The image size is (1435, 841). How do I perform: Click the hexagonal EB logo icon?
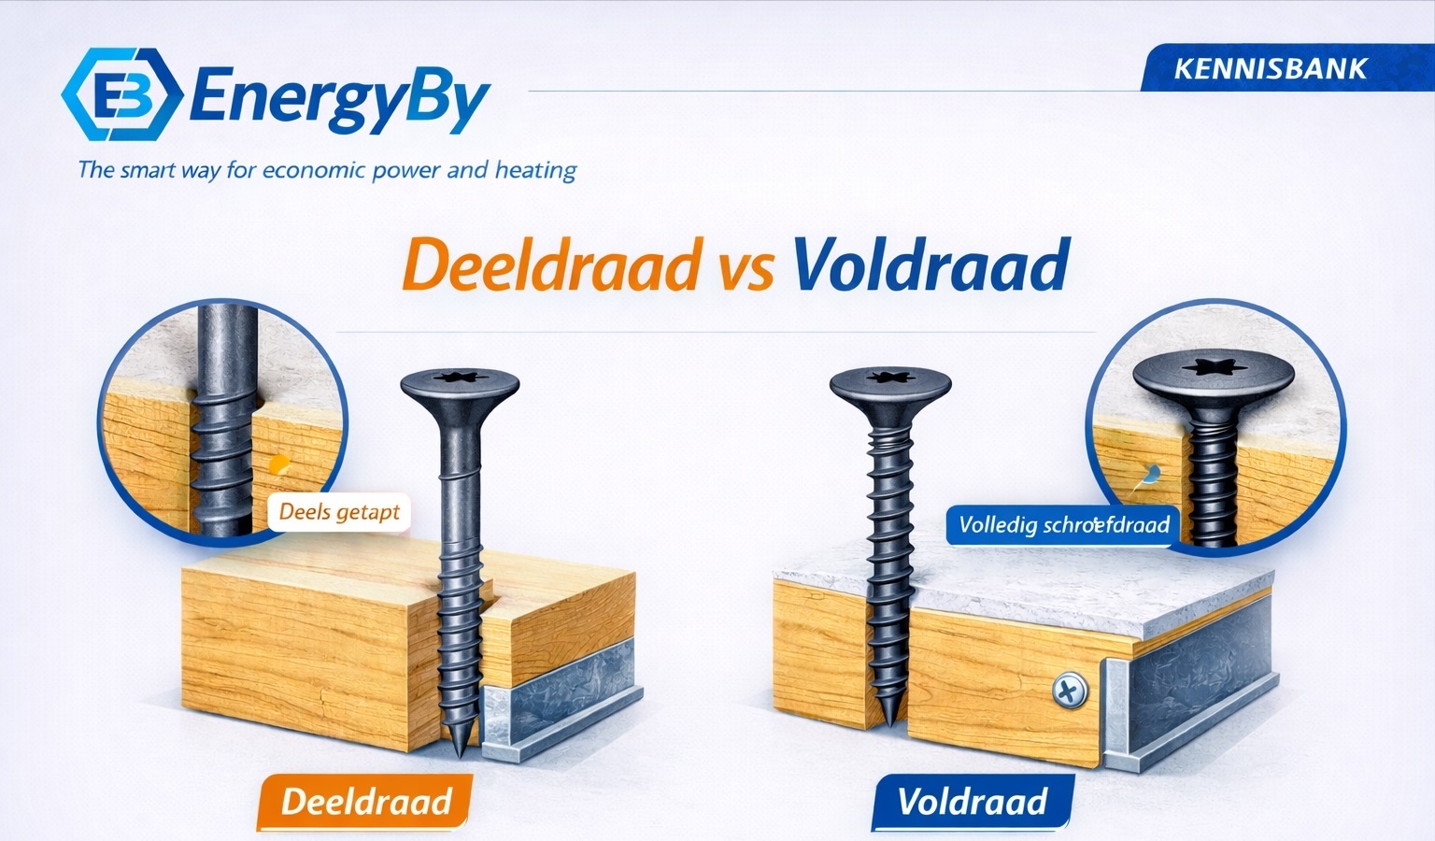[121, 93]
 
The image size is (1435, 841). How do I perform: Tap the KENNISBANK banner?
[1271, 68]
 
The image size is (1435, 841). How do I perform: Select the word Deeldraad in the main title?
[551, 266]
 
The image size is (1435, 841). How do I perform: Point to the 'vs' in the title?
[746, 269]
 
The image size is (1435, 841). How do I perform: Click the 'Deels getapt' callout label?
[339, 512]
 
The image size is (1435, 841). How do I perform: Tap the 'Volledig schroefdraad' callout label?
[1064, 524]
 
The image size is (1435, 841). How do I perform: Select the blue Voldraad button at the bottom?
[972, 802]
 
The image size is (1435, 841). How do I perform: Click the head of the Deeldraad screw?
[460, 384]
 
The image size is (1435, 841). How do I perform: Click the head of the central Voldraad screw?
[890, 382]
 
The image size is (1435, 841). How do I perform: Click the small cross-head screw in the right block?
[1068, 692]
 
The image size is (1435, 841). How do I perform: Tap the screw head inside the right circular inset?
[1214, 371]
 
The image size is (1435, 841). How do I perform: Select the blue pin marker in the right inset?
[1152, 473]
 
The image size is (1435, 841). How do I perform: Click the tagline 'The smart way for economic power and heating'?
[327, 170]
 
